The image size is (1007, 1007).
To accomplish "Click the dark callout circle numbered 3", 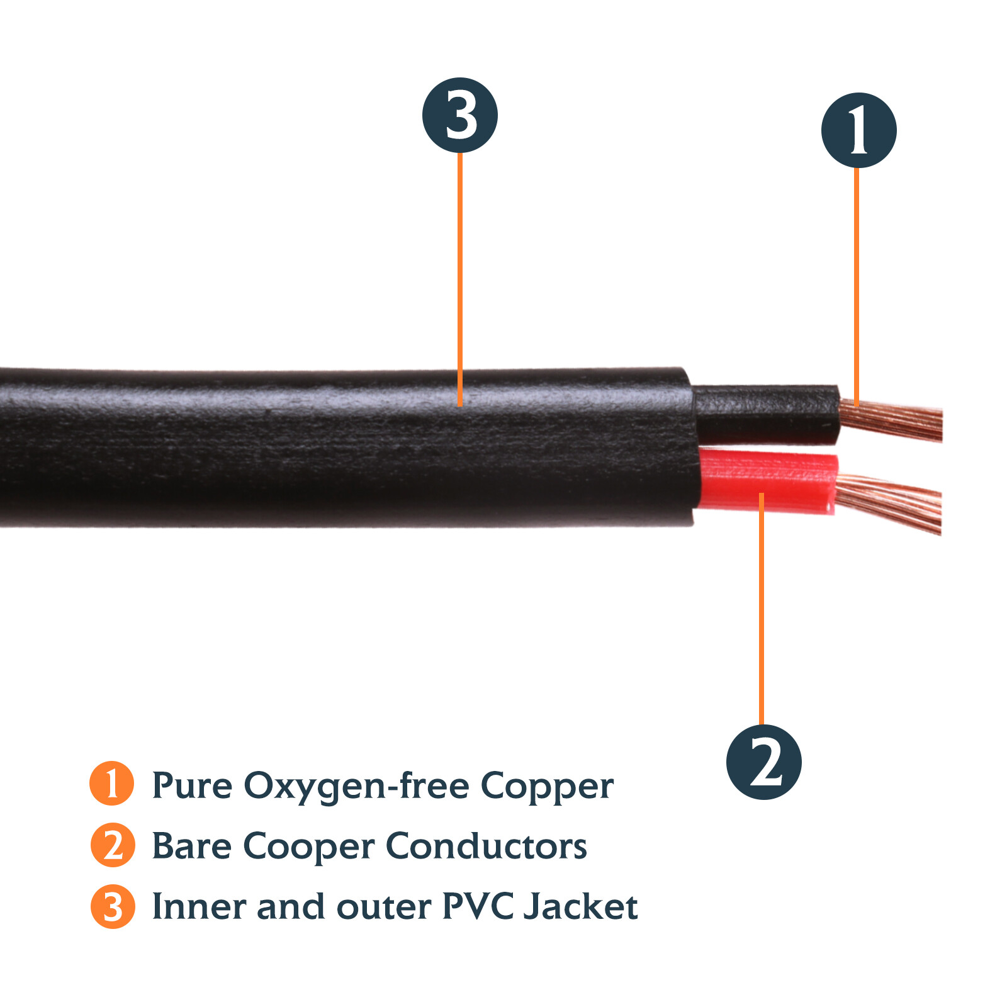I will pos(459,115).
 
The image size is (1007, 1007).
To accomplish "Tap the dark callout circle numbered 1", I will pos(858,130).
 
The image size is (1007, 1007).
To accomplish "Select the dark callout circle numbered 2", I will pos(763,762).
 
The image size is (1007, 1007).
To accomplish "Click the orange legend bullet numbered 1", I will pos(112,784).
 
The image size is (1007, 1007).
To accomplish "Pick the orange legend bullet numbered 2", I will pos(113,845).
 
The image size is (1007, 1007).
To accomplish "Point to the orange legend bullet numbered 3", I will pos(113,906).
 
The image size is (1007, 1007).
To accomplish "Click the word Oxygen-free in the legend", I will pos(356,787).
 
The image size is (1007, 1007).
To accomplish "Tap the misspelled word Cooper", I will pos(308,847).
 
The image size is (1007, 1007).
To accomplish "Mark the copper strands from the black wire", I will pos(894,420).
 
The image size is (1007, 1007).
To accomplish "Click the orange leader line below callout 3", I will pos(460,277).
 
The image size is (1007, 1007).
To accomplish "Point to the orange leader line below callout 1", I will pos(857,283).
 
